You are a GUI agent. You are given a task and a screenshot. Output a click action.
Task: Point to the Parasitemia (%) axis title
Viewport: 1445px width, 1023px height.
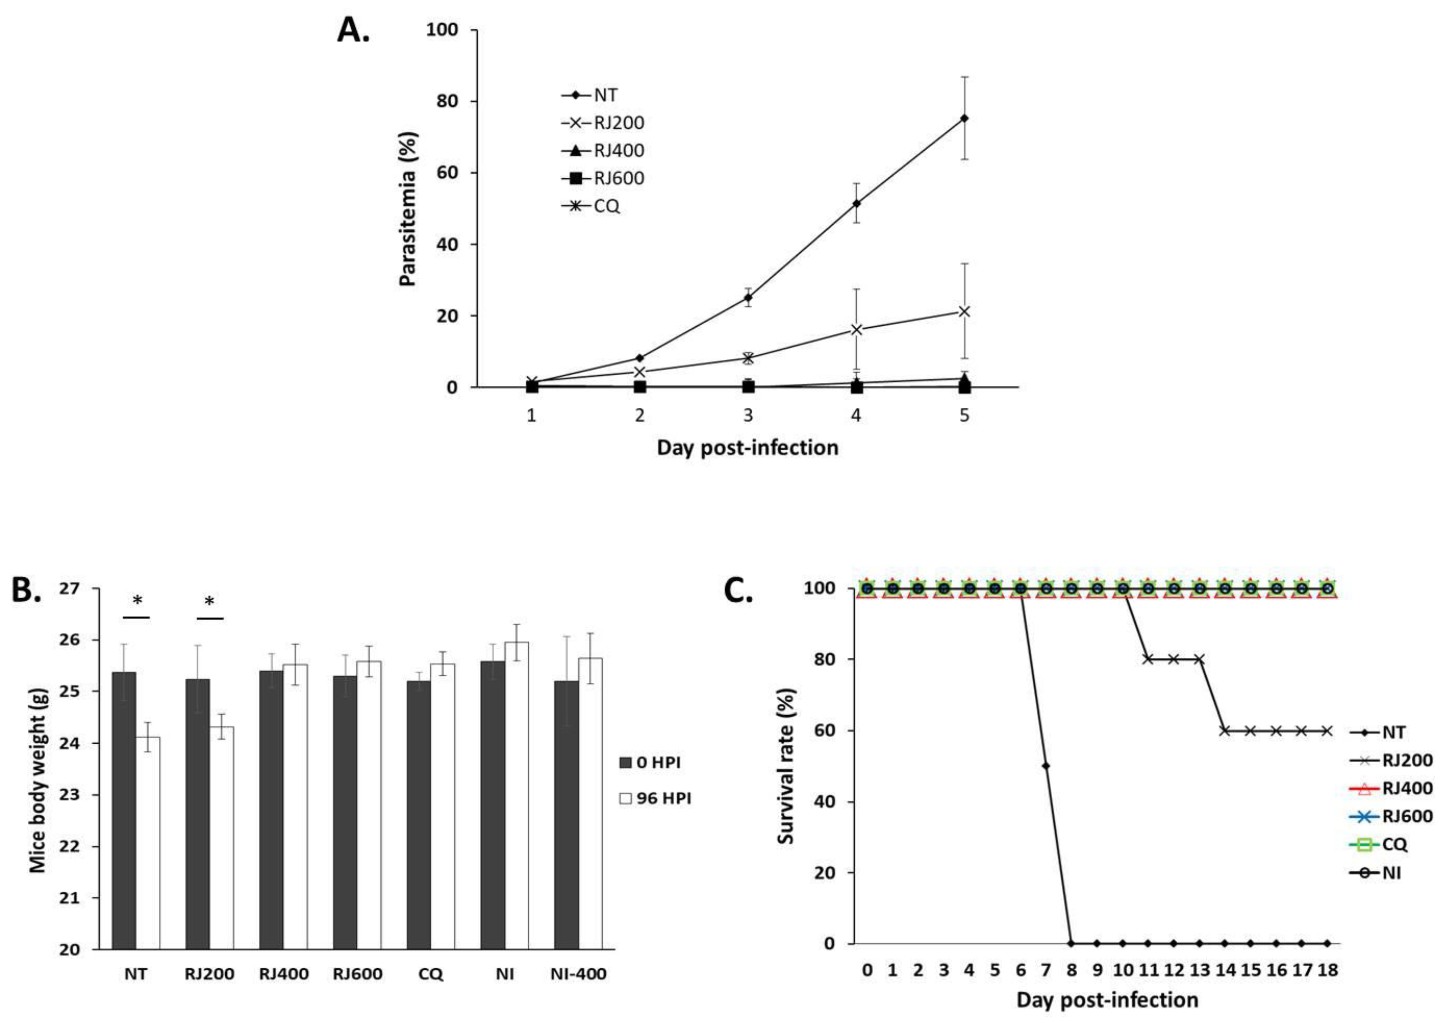click(x=408, y=209)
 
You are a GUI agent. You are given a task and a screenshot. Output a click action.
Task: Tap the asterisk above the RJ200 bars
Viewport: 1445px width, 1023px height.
click(x=210, y=602)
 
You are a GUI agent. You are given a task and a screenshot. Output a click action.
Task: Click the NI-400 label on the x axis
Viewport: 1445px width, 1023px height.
click(x=578, y=974)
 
